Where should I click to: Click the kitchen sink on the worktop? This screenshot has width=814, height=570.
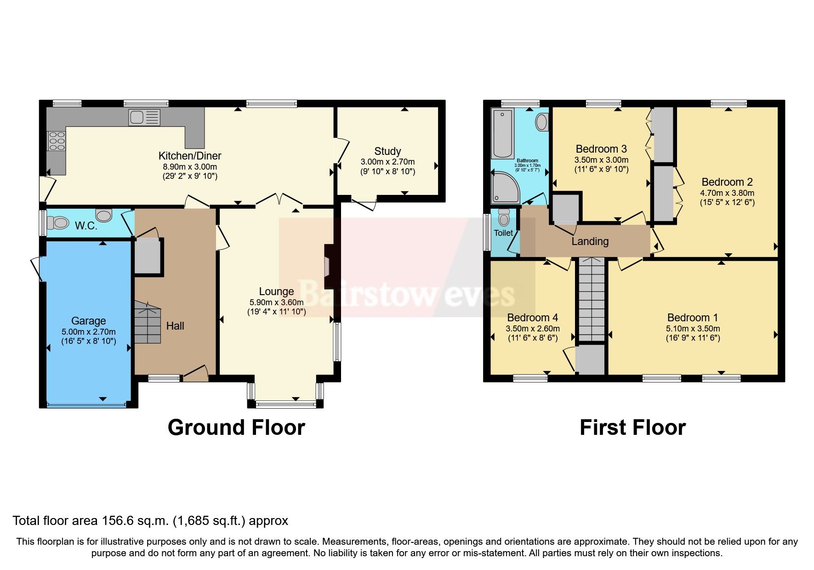pyautogui.click(x=144, y=117)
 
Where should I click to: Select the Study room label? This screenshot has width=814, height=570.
pyautogui.click(x=387, y=151)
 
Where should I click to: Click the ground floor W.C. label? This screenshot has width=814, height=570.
pyautogui.click(x=86, y=226)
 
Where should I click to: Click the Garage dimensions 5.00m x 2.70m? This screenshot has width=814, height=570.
pyautogui.click(x=89, y=331)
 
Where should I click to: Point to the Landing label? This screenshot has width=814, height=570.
pyautogui.click(x=590, y=241)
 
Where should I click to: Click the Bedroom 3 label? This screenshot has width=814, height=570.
pyautogui.click(x=601, y=149)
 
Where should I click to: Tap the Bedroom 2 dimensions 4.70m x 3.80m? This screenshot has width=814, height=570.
pyautogui.click(x=727, y=193)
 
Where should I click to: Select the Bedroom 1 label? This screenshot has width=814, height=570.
pyautogui.click(x=693, y=318)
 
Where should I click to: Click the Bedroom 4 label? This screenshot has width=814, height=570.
pyautogui.click(x=532, y=318)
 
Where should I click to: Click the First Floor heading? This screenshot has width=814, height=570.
pyautogui.click(x=632, y=427)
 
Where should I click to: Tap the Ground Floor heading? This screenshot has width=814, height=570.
pyautogui.click(x=236, y=427)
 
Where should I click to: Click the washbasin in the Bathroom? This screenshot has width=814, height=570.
pyautogui.click(x=542, y=123)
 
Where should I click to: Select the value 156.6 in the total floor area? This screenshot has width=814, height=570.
pyautogui.click(x=117, y=521)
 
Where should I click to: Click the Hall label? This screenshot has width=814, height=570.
pyautogui.click(x=175, y=326)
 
